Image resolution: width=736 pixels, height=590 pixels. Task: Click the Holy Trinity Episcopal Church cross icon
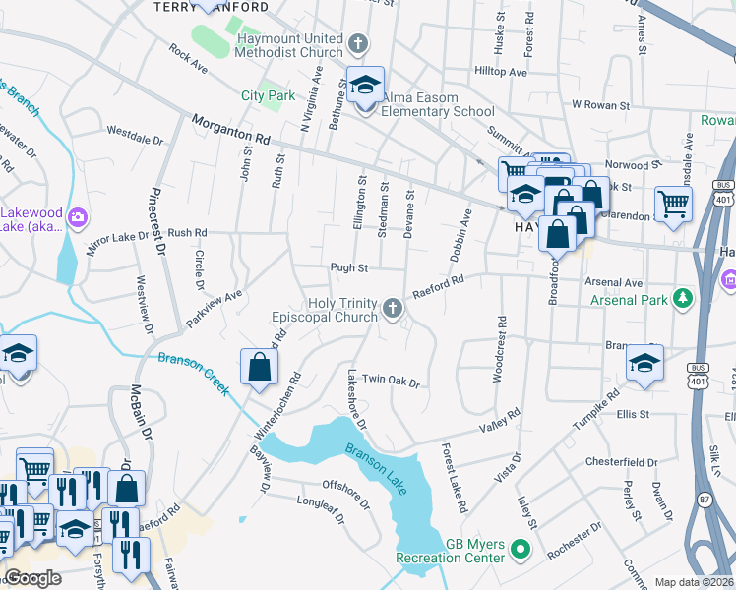393,310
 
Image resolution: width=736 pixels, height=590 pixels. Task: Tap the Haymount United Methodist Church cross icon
359,44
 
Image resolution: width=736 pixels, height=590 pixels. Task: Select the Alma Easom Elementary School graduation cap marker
365,87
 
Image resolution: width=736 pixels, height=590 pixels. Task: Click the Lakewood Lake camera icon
80,217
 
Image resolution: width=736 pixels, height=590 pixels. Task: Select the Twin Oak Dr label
391,381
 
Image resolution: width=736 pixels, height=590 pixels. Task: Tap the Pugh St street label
348,267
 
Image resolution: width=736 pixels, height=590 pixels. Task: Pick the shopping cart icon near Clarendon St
674,205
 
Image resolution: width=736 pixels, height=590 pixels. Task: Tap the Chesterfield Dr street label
620,462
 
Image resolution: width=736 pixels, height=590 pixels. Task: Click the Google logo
32,578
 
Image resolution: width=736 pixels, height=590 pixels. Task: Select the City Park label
268,96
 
